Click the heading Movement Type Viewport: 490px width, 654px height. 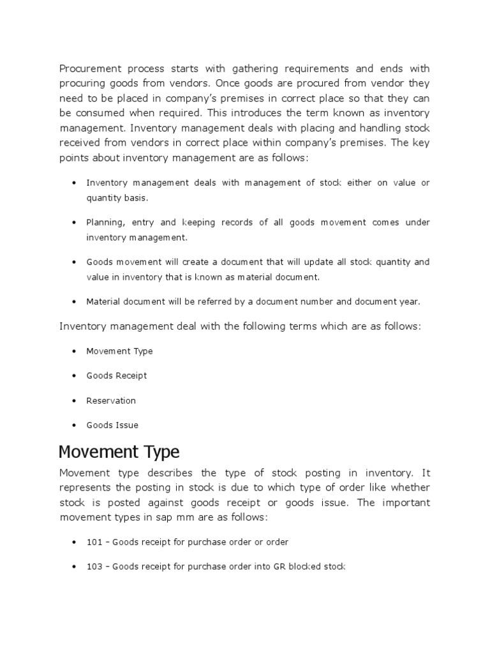point(119,452)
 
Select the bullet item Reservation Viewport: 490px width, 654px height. point(111,400)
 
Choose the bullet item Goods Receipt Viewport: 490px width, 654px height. point(117,376)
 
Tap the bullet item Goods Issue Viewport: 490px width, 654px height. point(112,425)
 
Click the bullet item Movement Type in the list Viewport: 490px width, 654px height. point(119,351)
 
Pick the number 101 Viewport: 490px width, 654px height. point(94,542)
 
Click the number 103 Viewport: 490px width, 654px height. point(94,567)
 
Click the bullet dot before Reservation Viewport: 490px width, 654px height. point(75,401)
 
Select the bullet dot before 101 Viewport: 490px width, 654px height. point(75,542)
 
